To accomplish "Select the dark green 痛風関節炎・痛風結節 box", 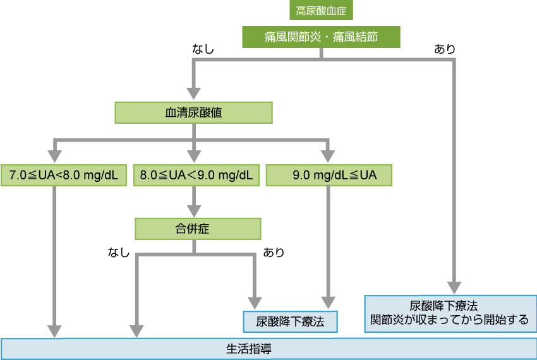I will coord(321,37).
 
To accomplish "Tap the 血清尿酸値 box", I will coord(193,112).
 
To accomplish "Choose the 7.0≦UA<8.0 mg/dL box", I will coord(64,175).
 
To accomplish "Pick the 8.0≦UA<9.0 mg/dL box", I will coord(196,175).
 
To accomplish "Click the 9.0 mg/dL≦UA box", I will coord(329,175).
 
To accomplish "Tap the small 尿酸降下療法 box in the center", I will coord(291,321).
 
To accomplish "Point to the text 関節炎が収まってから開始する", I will coord(449,320).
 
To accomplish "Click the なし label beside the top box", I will coord(203,49).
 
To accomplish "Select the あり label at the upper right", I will coord(444,49).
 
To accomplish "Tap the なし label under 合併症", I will coord(119,253).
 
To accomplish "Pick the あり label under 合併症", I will coord(274,253).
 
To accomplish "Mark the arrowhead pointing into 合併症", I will coord(193,211).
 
